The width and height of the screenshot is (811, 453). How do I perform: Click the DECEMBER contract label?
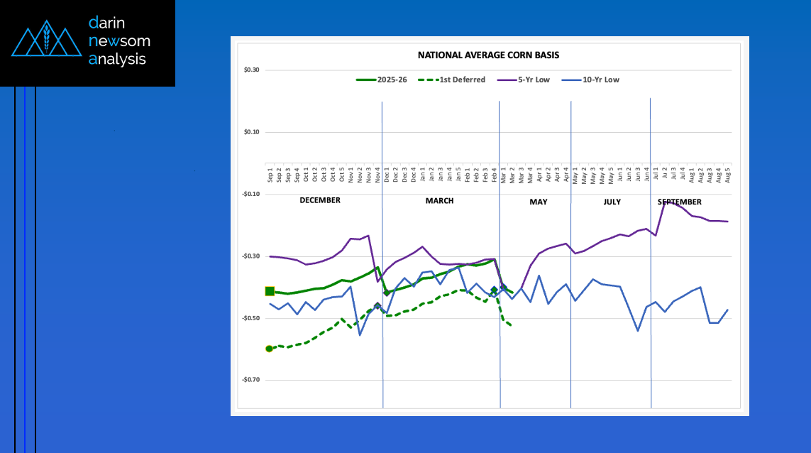point(320,201)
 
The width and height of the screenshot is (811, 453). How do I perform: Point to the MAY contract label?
point(539,202)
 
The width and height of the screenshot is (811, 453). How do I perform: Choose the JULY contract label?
point(612,202)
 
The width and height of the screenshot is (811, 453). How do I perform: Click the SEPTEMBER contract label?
point(679,202)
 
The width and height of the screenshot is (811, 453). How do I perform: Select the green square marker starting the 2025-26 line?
point(270,291)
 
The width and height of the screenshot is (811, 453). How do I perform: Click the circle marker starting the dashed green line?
point(269,349)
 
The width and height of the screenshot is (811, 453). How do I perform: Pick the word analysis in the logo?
point(117,60)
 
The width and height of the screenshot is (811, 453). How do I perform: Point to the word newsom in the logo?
point(119,41)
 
